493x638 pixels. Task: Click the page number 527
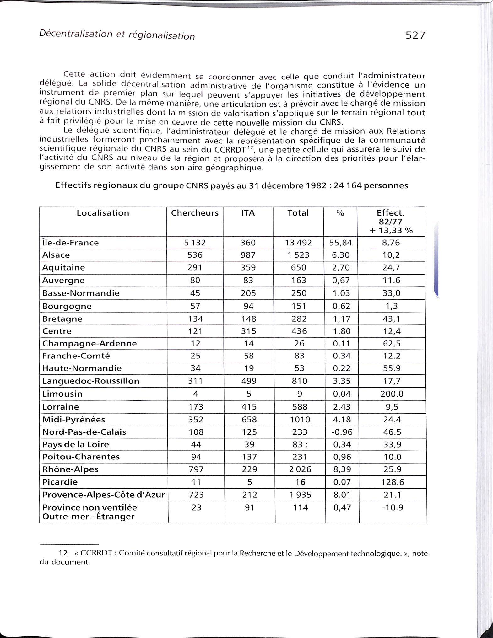415,35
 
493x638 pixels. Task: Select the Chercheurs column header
195,213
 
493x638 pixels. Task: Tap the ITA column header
248,213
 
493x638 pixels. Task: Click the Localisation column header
103,213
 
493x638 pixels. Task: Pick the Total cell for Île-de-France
298,243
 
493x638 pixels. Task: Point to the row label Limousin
62,394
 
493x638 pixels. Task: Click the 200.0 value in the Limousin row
392,394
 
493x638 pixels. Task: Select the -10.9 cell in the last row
393,507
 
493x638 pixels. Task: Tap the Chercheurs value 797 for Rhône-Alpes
196,469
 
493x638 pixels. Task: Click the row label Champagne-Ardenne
89,344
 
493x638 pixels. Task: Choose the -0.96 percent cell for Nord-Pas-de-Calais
342,432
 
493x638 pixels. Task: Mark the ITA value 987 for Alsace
248,255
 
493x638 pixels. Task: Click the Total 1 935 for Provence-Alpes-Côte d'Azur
300,495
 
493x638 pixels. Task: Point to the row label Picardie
60,482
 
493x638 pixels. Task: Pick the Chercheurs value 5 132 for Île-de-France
195,243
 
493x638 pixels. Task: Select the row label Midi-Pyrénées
73,420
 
